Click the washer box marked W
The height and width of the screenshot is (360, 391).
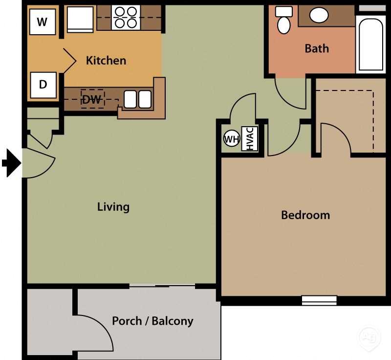coord(43,22)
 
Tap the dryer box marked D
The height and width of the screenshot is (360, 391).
coord(43,85)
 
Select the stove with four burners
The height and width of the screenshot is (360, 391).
coord(126,18)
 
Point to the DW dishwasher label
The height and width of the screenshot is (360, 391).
coord(92,100)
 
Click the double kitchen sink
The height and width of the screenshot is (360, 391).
coord(137,99)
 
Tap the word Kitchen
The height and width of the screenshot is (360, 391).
coord(106,61)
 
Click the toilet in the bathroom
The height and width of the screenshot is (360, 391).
coord(283,20)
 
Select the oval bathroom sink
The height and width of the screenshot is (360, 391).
coord(319,16)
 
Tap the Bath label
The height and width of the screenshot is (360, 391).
coord(317,48)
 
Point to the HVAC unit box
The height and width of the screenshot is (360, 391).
coord(249,139)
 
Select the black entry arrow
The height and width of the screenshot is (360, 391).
coord(11,162)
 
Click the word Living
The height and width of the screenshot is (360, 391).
coord(113,206)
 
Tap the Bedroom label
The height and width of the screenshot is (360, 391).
coord(305,215)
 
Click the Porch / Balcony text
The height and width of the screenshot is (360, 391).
coord(152,321)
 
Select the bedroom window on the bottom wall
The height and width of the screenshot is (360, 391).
coord(319,300)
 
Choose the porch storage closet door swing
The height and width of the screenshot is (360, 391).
coord(93,333)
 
